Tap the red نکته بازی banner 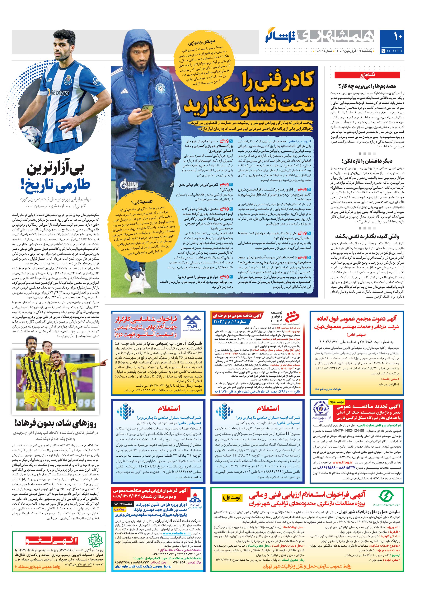[367, 75]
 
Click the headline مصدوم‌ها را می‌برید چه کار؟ [367, 86]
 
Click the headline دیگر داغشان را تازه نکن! [367, 161]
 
